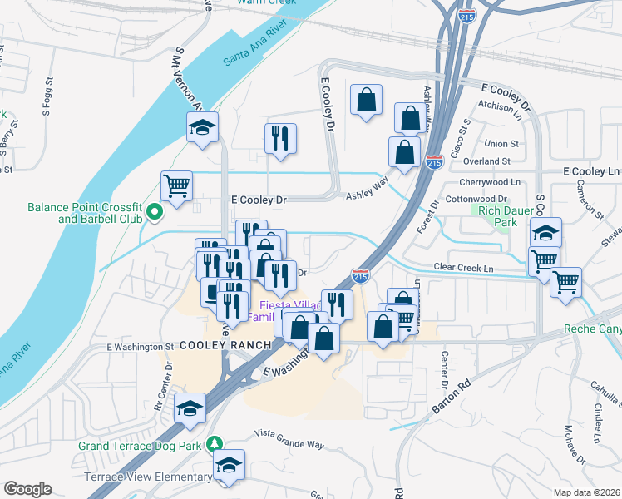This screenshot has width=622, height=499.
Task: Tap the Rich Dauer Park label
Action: click(504, 216)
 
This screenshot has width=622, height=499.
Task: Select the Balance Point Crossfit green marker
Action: click(154, 214)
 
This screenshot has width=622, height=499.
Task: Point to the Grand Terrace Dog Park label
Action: click(140, 446)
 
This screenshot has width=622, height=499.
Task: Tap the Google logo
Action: click(27, 489)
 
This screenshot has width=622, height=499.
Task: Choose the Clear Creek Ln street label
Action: click(463, 268)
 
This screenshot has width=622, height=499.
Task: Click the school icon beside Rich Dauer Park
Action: click(546, 232)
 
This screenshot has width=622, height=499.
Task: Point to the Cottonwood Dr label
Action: click(476, 200)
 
